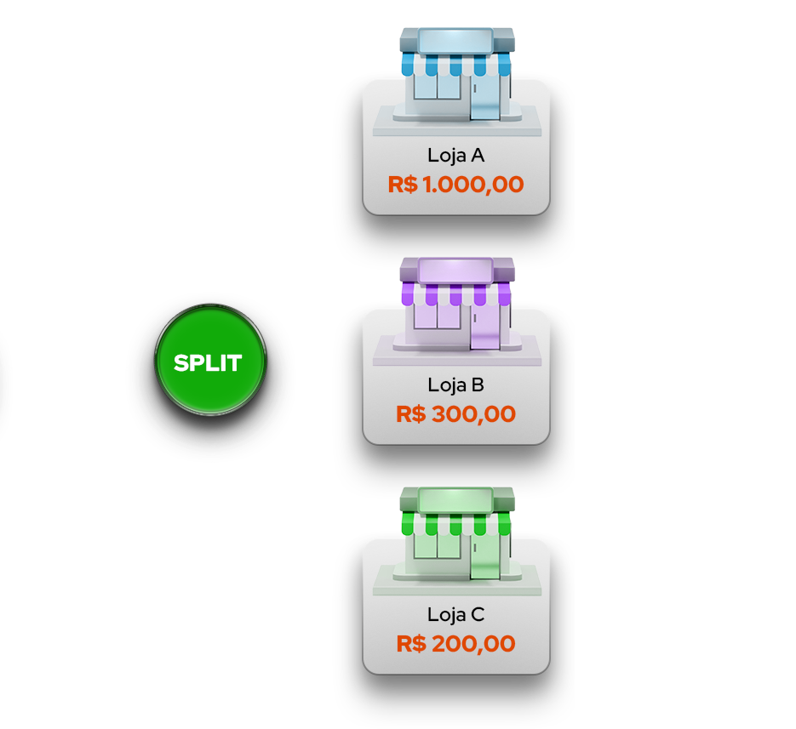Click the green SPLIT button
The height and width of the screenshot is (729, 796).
[209, 363]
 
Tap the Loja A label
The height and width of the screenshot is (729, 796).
[455, 156]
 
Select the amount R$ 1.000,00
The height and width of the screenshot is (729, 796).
[455, 184]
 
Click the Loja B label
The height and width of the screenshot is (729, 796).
[455, 385]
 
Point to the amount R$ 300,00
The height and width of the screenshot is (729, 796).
[455, 414]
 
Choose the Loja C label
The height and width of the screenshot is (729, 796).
[455, 614]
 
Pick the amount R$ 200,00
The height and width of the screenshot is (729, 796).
[455, 644]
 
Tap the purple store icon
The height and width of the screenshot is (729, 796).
[456, 306]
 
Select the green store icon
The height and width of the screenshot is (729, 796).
[456, 536]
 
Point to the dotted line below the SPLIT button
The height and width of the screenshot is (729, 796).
[212, 441]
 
